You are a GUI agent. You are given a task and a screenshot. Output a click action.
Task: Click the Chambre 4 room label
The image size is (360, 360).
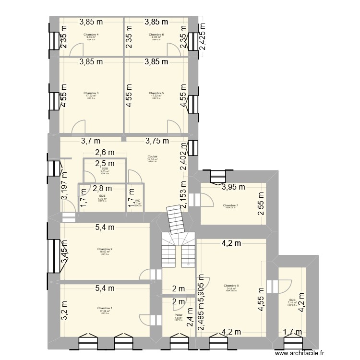(91, 35)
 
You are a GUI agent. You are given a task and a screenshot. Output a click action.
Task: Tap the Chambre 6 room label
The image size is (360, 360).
(156, 35)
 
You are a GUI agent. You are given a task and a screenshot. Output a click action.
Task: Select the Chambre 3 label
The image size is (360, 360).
(91, 93)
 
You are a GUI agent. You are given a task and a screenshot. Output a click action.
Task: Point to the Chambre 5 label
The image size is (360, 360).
(156, 93)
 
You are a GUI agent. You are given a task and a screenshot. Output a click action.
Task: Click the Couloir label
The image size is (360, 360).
(153, 156)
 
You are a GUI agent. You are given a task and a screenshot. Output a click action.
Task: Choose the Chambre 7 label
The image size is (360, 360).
(230, 205)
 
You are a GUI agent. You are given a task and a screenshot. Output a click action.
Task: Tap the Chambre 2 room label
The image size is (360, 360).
(104, 249)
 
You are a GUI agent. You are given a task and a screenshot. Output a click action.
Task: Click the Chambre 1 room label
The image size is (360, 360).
(104, 308)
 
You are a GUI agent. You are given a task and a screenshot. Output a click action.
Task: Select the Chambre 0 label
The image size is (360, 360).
(231, 286)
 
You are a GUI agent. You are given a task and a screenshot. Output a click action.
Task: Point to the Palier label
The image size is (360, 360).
(178, 315)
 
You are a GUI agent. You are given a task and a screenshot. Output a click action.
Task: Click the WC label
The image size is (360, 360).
(137, 201)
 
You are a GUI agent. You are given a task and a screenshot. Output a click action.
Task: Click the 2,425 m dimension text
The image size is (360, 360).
(202, 37)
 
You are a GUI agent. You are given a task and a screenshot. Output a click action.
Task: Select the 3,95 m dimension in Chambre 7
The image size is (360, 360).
(233, 187)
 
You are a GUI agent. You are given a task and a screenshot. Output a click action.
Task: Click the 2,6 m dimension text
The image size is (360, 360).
(104, 153)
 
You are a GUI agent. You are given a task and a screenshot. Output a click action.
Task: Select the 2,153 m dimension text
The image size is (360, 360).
(183, 196)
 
